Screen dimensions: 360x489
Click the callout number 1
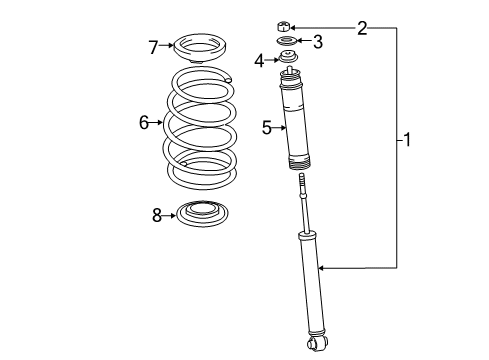pos(408,140)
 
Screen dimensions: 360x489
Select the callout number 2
pos(362,27)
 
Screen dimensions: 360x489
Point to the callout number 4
pos(258,61)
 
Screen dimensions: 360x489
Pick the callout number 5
pos(267,127)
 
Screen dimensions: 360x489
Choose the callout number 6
pos(144,122)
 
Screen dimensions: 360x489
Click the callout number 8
pos(156,214)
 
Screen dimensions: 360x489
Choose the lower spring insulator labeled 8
pos(201,213)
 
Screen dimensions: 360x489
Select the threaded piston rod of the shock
pos(302,205)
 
